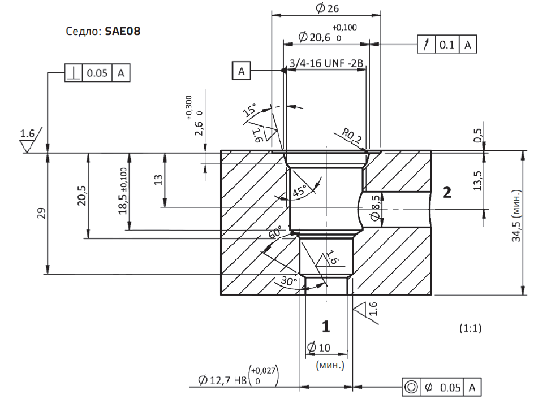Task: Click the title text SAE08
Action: point(122,32)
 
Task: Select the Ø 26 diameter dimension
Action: point(327,8)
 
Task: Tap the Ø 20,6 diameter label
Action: point(315,37)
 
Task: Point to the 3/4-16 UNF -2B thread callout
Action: point(326,63)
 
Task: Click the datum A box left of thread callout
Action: point(241,71)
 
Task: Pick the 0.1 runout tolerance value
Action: point(447,45)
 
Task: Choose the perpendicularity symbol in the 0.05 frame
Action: point(74,73)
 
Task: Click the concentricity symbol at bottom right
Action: point(411,387)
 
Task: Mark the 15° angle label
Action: point(249,110)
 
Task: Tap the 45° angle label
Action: point(300,190)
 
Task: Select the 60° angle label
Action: point(275,232)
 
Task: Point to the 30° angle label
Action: point(289,280)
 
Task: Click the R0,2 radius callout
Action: point(352,136)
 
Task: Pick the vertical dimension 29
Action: point(41,213)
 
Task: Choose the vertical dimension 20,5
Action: point(82,196)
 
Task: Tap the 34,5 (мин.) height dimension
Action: point(516,216)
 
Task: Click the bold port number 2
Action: point(447,192)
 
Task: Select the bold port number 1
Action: point(326,326)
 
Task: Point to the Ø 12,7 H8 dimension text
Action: point(222,380)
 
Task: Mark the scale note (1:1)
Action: point(471,328)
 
